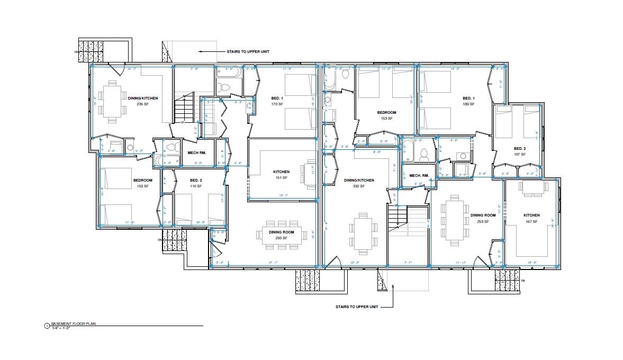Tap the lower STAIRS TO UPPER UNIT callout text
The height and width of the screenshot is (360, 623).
[356, 307]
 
